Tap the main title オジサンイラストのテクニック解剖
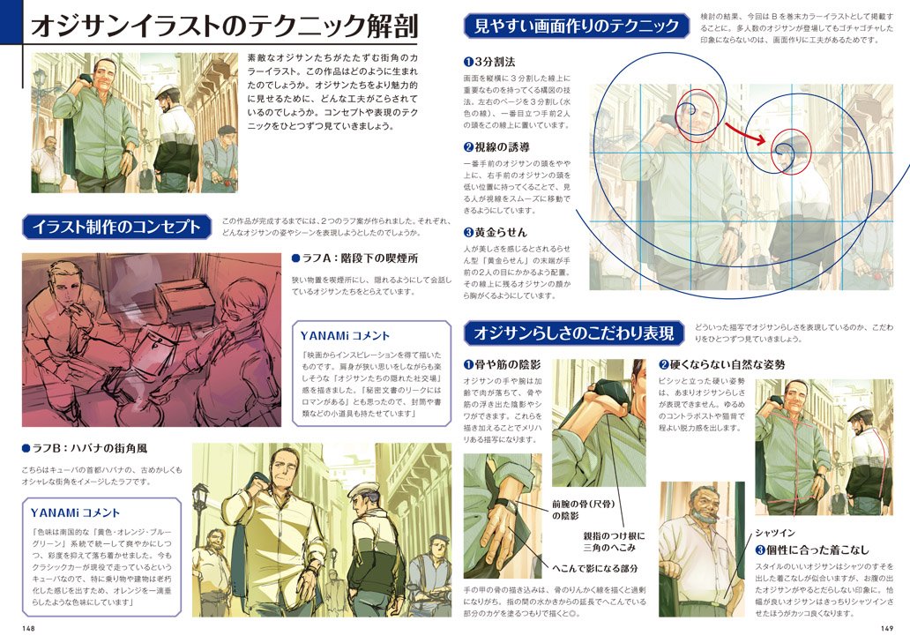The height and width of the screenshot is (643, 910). [224, 25]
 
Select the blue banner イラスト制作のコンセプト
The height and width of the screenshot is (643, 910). [116, 227]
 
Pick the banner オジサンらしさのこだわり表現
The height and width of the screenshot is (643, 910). [573, 333]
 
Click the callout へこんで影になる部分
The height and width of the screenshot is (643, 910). [595, 569]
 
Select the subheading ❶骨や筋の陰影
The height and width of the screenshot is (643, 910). [501, 364]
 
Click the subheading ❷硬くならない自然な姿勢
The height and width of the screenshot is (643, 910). [720, 364]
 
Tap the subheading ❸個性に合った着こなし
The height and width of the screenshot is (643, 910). [811, 550]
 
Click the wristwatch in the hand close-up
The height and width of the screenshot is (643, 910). [505, 505]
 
